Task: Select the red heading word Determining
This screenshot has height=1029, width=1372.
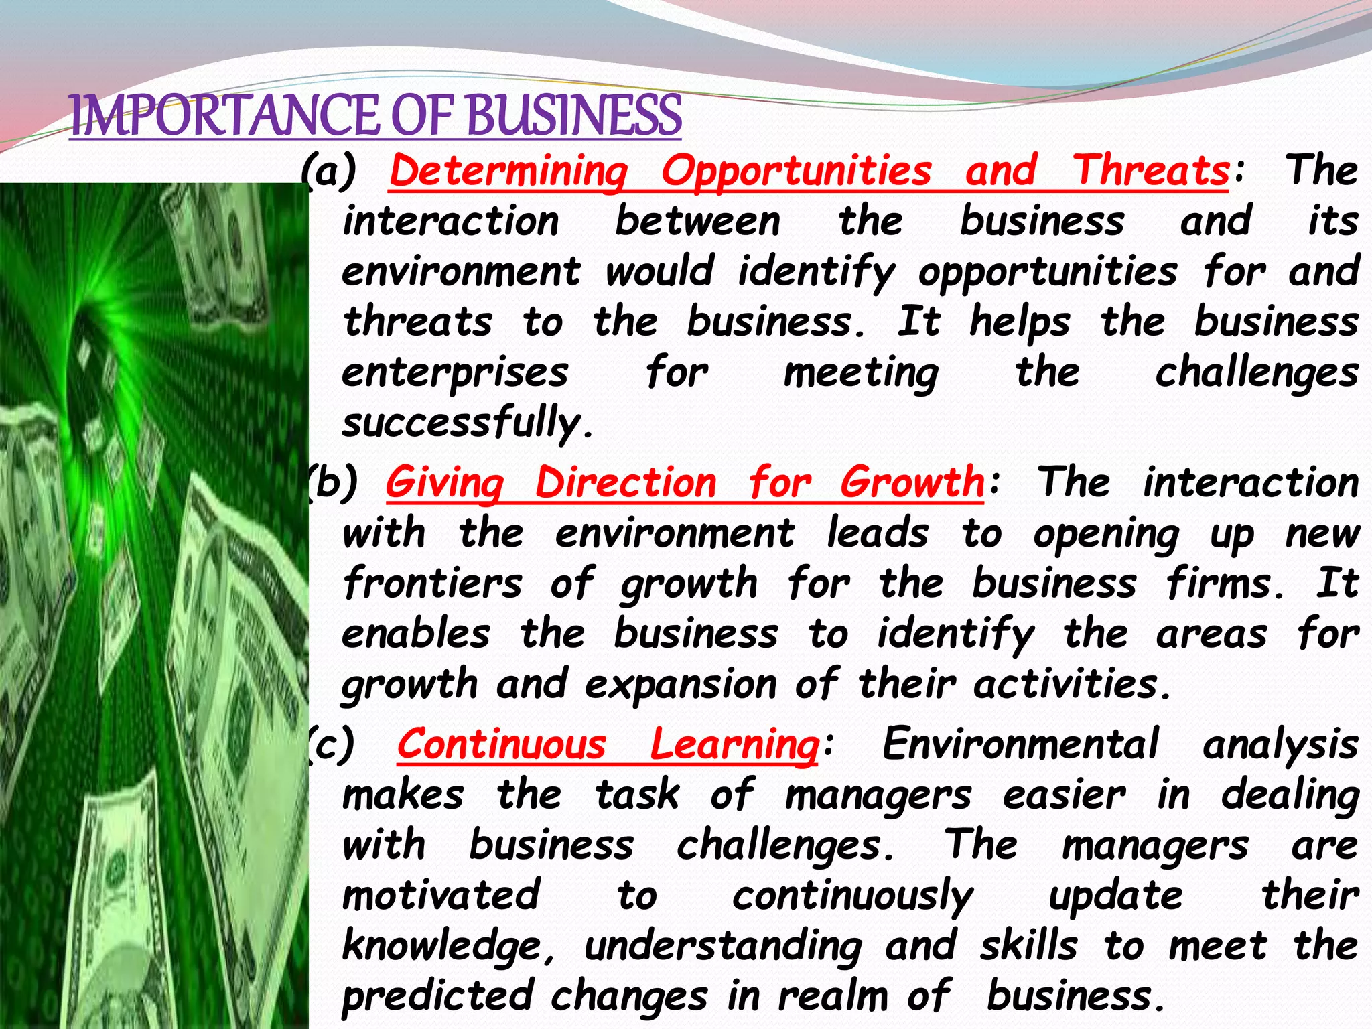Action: (508, 171)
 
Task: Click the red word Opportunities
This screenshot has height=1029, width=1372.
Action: (797, 171)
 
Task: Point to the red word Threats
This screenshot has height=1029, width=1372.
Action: (1152, 171)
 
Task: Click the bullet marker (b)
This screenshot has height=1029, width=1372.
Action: (332, 482)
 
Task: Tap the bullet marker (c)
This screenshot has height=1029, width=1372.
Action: (331, 744)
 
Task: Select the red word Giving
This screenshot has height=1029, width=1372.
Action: (444, 482)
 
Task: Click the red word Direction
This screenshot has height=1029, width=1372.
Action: (626, 482)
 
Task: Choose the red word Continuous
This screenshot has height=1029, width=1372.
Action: (502, 744)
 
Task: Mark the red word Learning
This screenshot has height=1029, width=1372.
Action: (734, 744)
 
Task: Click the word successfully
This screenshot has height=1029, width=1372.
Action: (467, 423)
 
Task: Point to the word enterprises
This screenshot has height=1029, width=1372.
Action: (455, 373)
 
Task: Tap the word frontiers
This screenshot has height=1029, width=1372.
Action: (432, 583)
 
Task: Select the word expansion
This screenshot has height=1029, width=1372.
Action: (681, 685)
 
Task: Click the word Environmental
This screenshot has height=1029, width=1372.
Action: (1020, 744)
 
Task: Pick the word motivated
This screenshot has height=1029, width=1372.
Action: (441, 895)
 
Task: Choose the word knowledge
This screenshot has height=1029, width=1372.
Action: (448, 946)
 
